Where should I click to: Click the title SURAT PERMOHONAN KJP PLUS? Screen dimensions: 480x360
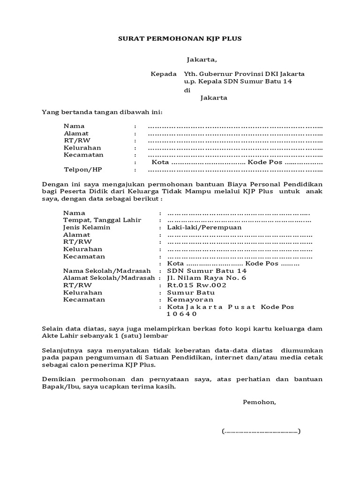(180, 38)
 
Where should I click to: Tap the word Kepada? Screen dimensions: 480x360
(164, 74)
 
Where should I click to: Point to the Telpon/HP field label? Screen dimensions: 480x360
(83, 169)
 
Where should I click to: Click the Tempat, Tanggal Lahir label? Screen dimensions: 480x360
(102, 220)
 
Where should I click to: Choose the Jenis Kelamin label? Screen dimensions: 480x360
(87, 227)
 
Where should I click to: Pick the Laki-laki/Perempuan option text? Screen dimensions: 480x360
(204, 227)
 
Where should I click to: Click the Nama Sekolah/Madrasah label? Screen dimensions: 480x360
(107, 271)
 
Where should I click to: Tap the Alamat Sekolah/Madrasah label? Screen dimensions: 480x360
(109, 278)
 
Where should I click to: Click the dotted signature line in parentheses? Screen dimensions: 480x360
(261, 431)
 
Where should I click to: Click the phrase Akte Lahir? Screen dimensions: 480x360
(58, 336)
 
